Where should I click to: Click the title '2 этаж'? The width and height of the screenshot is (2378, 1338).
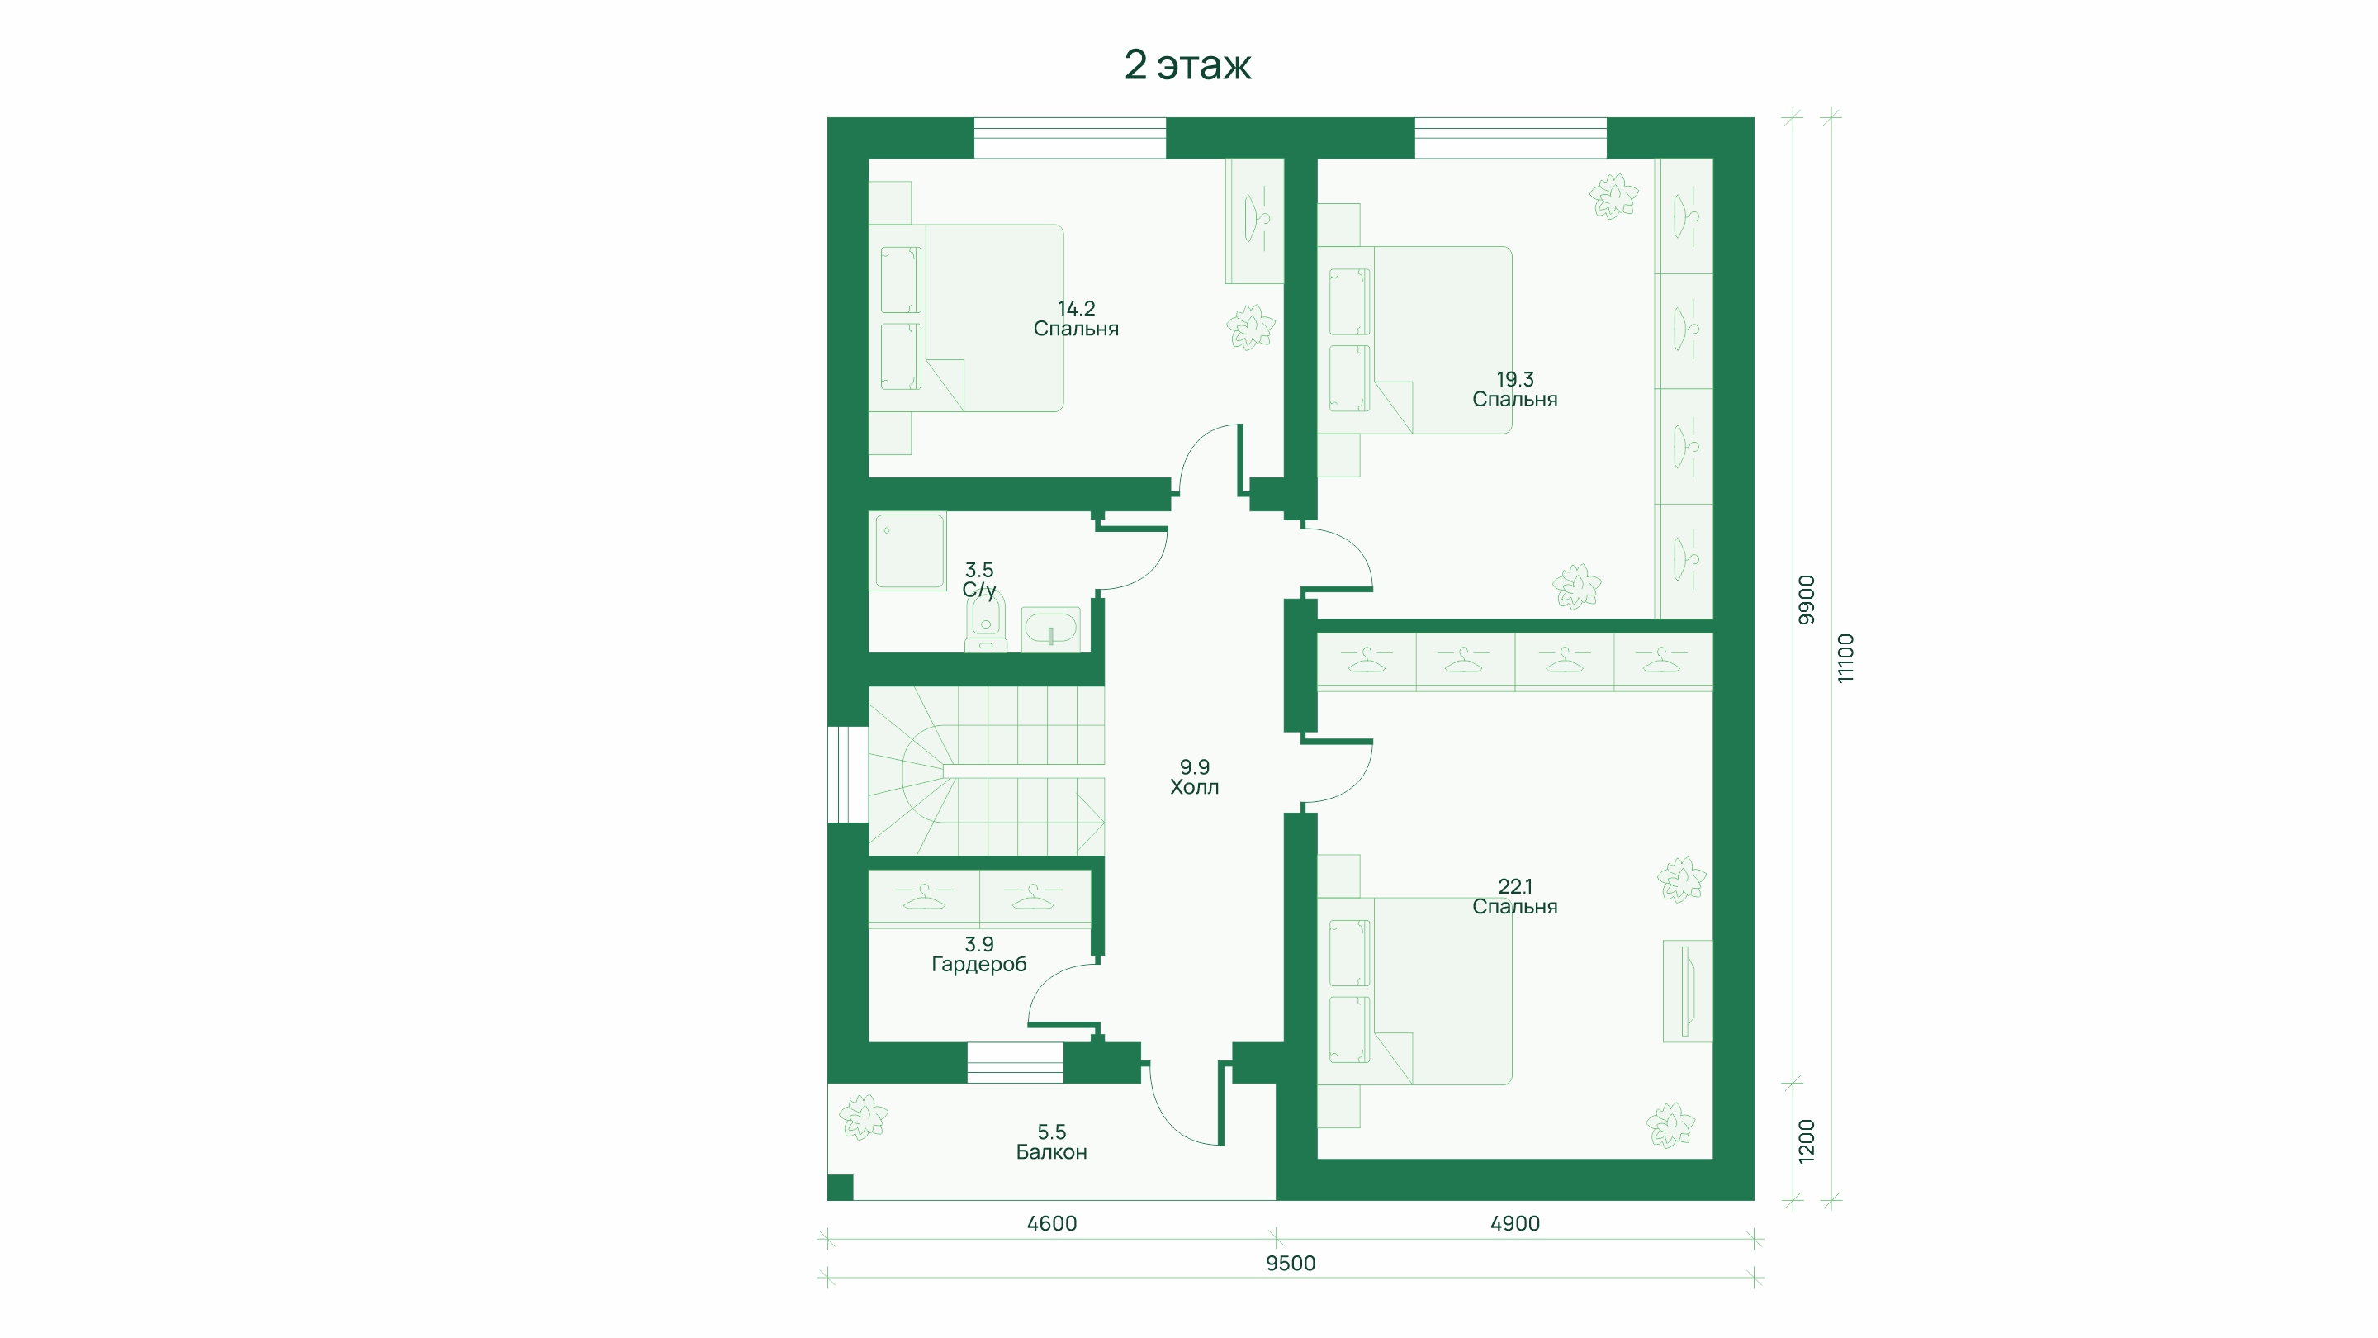(1187, 64)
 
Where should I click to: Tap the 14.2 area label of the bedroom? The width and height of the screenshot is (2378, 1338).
(1077, 308)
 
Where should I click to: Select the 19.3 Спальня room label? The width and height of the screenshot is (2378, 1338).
(1515, 390)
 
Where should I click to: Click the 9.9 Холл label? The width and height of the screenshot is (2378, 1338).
(1195, 777)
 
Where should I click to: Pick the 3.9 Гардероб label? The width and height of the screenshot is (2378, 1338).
(978, 955)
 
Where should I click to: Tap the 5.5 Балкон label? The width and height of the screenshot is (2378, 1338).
(1051, 1142)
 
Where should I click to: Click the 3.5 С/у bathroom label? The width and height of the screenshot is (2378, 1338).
(979, 580)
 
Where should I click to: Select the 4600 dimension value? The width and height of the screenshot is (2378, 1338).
(1053, 1223)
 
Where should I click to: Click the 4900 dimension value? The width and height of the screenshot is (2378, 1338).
(1515, 1223)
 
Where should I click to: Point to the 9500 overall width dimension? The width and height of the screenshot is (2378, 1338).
(1291, 1263)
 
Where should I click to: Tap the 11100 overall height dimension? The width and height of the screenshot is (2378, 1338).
(1845, 658)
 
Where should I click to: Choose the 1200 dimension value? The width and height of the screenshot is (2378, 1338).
(1807, 1141)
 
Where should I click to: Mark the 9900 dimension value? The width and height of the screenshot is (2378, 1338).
(1807, 600)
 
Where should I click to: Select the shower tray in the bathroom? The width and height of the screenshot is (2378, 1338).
(910, 551)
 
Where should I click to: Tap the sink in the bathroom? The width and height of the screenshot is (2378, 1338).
(1050, 629)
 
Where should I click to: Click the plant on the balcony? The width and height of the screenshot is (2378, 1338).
(863, 1117)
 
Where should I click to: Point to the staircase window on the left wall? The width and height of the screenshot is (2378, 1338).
(847, 775)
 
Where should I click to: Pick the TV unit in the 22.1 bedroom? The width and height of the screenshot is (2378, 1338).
(1688, 991)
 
